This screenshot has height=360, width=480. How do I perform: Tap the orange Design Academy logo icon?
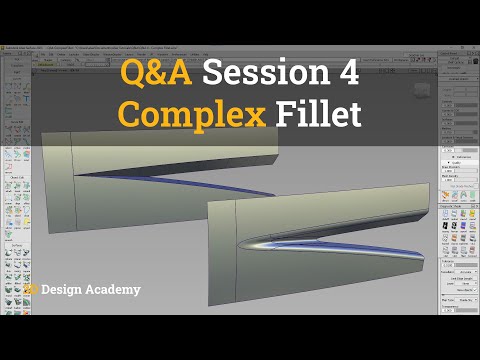(x=33, y=290)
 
